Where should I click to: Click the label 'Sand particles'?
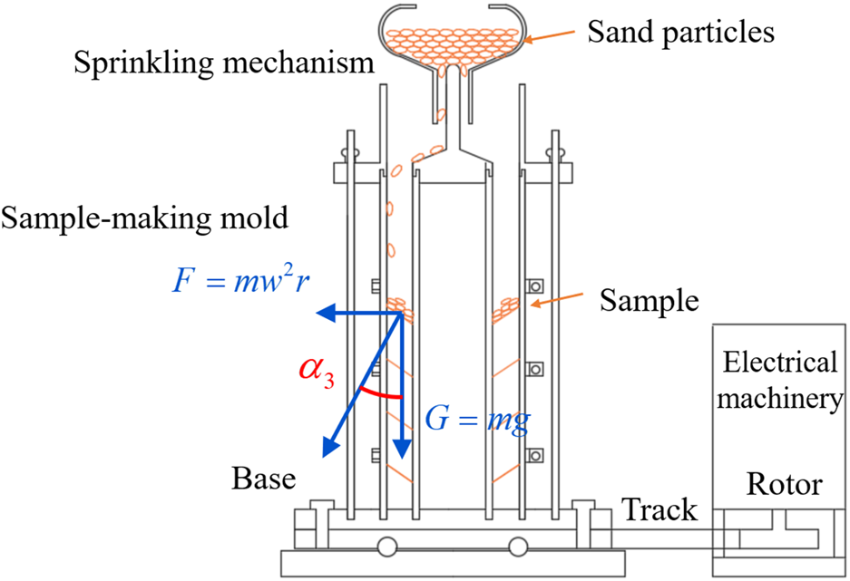click(680, 33)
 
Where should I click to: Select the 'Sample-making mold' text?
click(145, 218)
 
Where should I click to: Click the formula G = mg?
click(477, 421)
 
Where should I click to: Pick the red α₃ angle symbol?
click(318, 372)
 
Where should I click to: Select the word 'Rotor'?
click(784, 484)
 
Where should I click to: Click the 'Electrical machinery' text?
click(779, 380)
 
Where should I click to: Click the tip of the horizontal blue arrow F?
click(318, 314)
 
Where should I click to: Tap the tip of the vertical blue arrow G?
click(401, 458)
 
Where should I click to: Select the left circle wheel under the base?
click(387, 547)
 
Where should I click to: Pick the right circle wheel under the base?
click(518, 547)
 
